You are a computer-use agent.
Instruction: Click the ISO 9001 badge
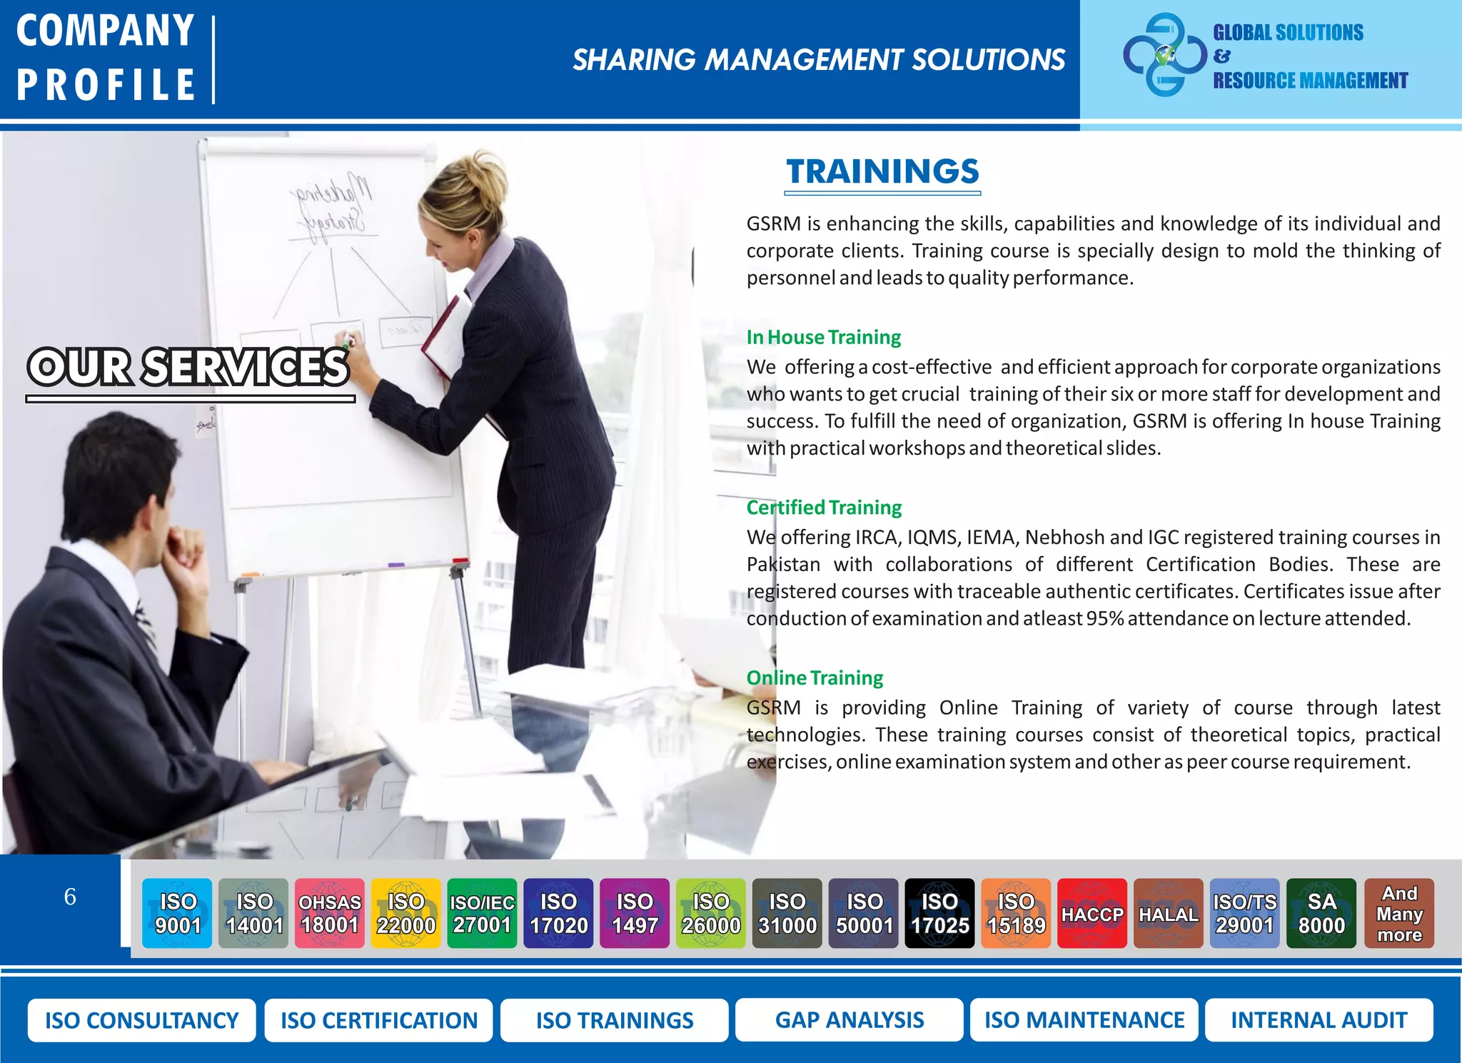pos(177,913)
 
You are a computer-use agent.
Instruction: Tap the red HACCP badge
pos(1092,913)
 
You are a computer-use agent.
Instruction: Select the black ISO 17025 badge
pos(939,913)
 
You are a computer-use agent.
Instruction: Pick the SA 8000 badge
pos(1321,913)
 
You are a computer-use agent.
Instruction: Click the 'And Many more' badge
pos(1398,913)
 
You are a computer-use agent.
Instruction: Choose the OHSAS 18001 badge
pos(329,913)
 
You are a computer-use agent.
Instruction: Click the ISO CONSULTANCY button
pos(141,1020)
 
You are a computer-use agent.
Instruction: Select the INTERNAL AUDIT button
pos(1319,1020)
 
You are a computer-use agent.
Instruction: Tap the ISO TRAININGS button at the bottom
pos(614,1020)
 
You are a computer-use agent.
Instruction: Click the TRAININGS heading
pos(882,172)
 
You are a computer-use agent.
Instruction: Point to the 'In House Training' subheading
pos(823,337)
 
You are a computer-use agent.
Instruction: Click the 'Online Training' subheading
pos(815,677)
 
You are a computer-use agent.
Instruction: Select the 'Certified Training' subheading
pos(824,508)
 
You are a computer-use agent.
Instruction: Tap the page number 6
pos(70,897)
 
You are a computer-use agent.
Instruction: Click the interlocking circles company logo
pos(1164,55)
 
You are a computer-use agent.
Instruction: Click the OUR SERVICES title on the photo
pos(188,367)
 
